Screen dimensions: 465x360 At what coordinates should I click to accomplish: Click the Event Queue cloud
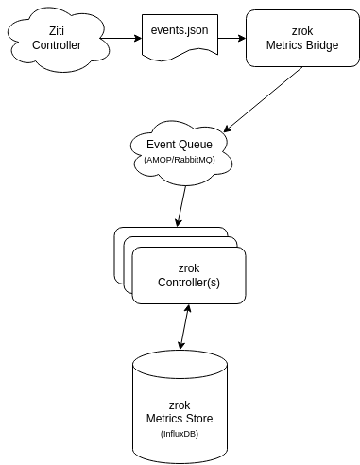[180, 150]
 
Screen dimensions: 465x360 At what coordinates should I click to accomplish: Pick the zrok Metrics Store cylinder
[179, 406]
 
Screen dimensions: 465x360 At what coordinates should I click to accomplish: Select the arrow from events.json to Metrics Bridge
[231, 38]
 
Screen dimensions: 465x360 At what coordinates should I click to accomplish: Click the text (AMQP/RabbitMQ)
[180, 160]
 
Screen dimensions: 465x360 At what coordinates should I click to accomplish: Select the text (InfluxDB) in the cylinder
[179, 433]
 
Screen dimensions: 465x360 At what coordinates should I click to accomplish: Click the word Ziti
[57, 31]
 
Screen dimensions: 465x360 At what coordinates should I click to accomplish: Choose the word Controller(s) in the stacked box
[189, 283]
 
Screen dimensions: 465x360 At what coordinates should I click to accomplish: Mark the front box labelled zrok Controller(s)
[189, 275]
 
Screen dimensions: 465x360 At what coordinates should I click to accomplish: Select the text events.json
[180, 31]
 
